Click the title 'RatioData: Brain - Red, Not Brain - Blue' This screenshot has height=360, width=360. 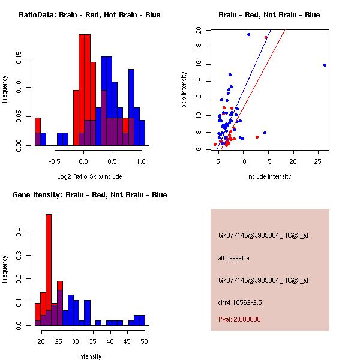(89, 15)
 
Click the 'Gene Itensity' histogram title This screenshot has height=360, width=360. (89, 195)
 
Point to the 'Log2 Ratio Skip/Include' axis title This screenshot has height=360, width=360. (89, 176)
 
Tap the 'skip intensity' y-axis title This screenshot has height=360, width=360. (185, 89)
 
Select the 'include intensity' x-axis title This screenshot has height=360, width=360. (269, 176)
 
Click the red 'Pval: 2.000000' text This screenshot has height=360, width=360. (239, 319)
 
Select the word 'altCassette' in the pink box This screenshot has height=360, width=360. (233, 258)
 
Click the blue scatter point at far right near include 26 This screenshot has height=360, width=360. (325, 65)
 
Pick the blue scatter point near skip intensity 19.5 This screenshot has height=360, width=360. (248, 34)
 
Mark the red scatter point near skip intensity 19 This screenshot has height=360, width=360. (266, 37)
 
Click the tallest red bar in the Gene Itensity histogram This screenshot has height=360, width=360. (49, 269)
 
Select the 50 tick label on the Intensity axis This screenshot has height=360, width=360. (144, 341)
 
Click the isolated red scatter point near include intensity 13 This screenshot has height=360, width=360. (257, 137)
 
